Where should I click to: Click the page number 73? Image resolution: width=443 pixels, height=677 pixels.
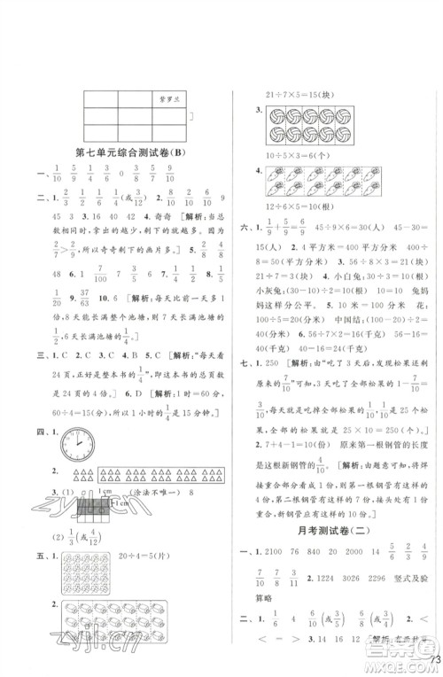[x=432, y=660]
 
